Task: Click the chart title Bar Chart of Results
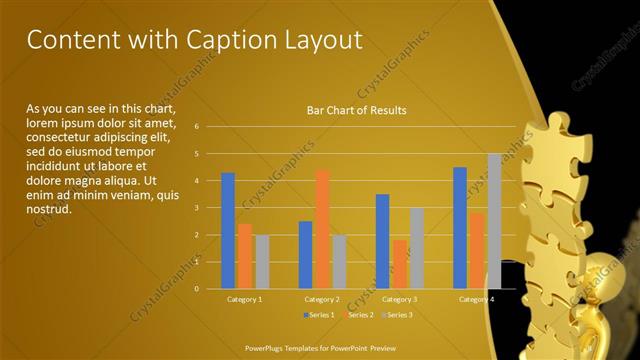pos(356,110)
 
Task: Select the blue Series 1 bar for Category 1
pos(228,231)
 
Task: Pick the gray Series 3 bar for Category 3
pos(417,248)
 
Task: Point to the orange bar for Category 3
pos(400,264)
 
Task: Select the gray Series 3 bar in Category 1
pos(262,262)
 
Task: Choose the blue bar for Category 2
pos(305,255)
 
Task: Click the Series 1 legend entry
pos(319,315)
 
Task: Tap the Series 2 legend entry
pos(359,315)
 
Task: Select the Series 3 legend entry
pos(398,315)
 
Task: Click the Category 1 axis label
pos(245,299)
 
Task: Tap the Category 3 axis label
pos(400,299)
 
